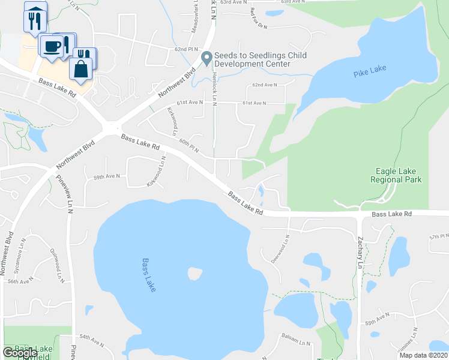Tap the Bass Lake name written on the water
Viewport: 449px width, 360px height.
click(x=149, y=275)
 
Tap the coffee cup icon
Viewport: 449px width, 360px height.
click(x=51, y=47)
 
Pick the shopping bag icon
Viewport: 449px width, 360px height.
click(x=80, y=68)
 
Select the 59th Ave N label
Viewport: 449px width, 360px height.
click(x=106, y=176)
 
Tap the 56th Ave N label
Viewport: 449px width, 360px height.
click(x=20, y=281)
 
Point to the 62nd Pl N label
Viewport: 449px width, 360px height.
click(x=185, y=49)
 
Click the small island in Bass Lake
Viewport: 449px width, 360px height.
click(x=194, y=274)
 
